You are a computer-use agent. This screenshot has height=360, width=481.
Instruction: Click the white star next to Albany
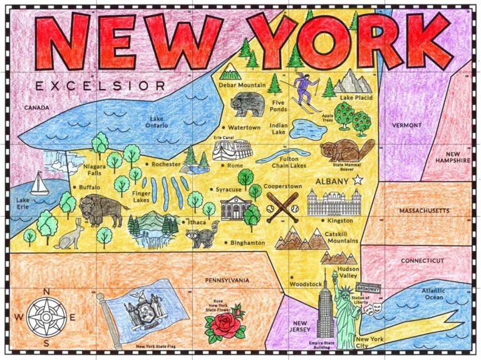(x=358, y=180)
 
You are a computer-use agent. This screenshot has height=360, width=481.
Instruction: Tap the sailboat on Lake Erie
(x=39, y=183)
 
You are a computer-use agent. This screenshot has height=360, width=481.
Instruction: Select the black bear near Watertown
(x=247, y=104)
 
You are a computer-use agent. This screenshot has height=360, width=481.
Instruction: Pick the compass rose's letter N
(x=46, y=291)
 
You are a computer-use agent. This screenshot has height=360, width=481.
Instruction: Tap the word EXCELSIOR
(x=101, y=86)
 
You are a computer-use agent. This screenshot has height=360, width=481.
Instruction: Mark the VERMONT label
(x=406, y=125)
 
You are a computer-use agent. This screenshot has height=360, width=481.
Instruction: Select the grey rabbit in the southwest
(x=68, y=235)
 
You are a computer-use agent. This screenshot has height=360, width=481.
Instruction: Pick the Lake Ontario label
(x=158, y=121)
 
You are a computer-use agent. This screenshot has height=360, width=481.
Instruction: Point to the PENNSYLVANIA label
(x=227, y=279)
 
